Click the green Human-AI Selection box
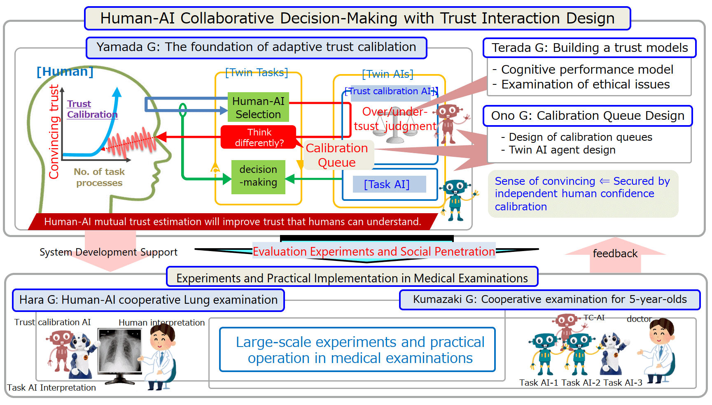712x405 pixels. click(258, 107)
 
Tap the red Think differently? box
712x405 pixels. click(259, 137)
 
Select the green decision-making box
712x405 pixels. click(258, 177)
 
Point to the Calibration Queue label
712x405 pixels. click(337, 155)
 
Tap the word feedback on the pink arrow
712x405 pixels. click(615, 254)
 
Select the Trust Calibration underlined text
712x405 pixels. click(92, 109)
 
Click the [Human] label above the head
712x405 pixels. click(65, 72)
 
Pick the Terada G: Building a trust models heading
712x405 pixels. click(589, 48)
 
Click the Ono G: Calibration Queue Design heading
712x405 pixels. click(588, 116)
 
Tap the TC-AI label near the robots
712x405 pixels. click(594, 318)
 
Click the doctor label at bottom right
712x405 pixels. click(639, 319)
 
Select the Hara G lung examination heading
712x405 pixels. click(148, 300)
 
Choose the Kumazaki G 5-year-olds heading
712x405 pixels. click(550, 300)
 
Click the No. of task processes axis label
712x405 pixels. click(99, 177)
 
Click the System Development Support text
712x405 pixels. click(108, 252)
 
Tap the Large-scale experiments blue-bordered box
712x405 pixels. click(357, 349)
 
